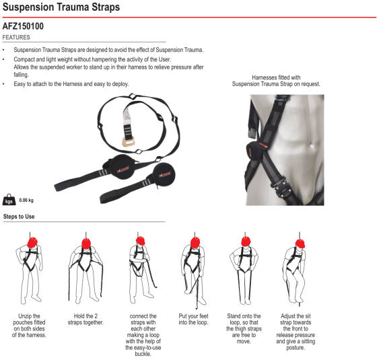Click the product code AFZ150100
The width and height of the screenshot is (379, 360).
[23, 26]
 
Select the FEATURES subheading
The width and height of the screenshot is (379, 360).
[16, 38]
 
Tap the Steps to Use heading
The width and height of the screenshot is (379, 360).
[19, 217]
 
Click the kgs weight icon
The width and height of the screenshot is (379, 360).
[9, 200]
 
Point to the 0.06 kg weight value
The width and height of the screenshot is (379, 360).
[26, 201]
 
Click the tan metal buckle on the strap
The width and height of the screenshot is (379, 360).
[128, 142]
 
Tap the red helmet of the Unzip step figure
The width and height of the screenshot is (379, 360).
[32, 242]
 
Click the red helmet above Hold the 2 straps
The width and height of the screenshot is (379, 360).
[86, 244]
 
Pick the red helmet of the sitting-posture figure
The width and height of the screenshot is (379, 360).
[300, 244]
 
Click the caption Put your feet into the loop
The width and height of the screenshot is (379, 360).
[193, 319]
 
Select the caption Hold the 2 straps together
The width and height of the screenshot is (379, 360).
[85, 319]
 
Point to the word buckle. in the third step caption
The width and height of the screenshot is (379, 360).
[143, 354]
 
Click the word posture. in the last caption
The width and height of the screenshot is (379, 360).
[296, 347]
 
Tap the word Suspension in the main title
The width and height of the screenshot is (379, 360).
[28, 7]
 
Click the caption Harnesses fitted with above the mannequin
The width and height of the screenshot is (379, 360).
[276, 77]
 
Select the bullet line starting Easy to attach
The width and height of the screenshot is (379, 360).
[71, 84]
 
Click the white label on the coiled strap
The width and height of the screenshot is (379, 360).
[127, 116]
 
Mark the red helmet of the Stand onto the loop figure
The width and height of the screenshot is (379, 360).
[246, 242]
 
